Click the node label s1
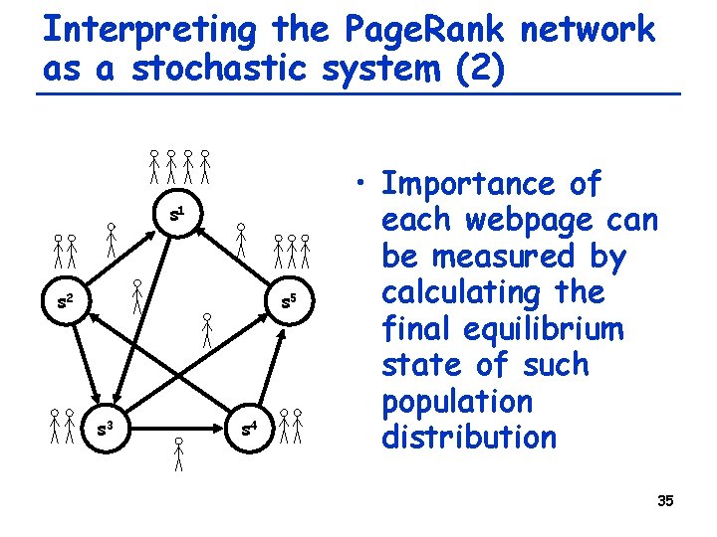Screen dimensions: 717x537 [x=177, y=214]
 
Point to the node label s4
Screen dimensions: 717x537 [x=250, y=430]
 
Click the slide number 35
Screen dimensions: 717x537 [x=665, y=501]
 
